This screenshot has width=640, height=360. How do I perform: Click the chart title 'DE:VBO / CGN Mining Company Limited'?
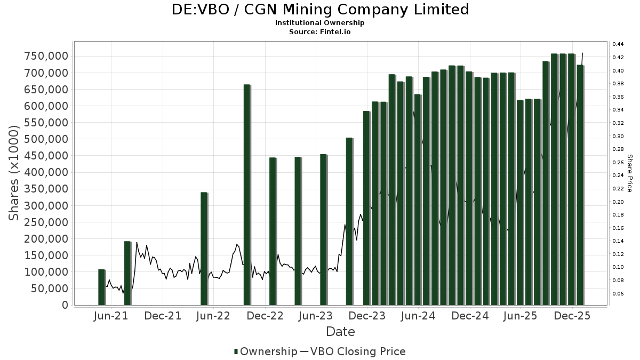tap(320, 10)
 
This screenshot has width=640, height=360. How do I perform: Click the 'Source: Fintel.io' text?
tap(320, 31)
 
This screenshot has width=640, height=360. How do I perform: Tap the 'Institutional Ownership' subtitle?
tap(320, 23)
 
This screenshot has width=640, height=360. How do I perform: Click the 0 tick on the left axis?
tap(65, 305)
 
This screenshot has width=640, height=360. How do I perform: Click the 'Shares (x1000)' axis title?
tap(15, 172)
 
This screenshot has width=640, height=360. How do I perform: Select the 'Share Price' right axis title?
tap(629, 173)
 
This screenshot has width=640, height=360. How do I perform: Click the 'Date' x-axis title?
tap(340, 332)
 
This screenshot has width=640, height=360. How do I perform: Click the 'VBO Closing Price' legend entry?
tap(357, 351)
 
